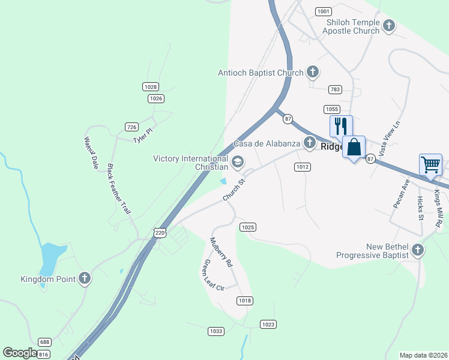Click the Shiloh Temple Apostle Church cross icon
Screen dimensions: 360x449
(389, 26)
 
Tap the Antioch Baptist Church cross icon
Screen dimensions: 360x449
(312, 73)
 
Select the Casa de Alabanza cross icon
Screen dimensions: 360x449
(309, 142)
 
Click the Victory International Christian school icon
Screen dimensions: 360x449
(238, 162)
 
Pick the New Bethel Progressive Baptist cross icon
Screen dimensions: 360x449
(418, 250)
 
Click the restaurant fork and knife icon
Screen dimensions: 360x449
(340, 126)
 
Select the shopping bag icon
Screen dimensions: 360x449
(354, 147)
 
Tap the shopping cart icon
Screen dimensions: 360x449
(430, 164)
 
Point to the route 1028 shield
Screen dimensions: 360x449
(151, 87)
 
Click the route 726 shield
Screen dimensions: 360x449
(132, 127)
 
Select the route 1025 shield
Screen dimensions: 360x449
(248, 227)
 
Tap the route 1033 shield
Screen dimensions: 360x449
(216, 331)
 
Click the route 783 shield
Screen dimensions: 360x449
(335, 89)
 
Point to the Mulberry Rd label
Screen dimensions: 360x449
(220, 252)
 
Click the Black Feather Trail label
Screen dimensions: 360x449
(118, 189)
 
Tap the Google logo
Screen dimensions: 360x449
(20, 353)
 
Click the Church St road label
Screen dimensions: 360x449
(234, 190)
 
